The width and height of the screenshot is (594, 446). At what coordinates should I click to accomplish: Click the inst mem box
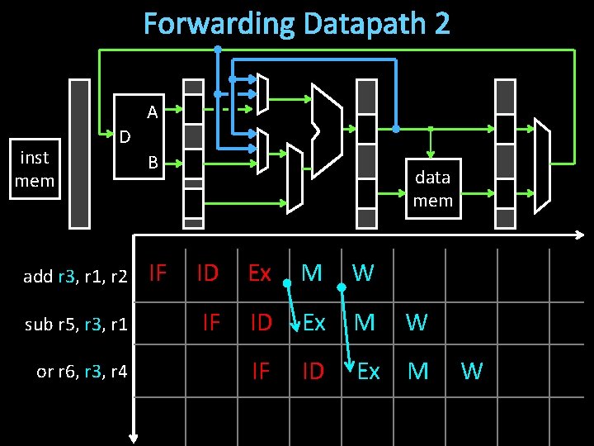(x=35, y=169)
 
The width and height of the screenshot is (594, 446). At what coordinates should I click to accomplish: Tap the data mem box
(x=432, y=188)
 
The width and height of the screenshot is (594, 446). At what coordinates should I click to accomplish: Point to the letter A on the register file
(x=152, y=111)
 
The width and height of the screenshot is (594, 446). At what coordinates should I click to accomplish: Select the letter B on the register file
(x=153, y=163)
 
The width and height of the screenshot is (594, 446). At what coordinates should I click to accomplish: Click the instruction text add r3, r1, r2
(x=75, y=277)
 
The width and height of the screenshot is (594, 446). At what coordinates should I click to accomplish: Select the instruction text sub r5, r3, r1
(x=76, y=324)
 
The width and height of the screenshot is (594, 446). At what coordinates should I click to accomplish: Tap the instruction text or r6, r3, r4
(x=82, y=372)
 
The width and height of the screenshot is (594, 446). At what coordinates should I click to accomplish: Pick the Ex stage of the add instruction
(x=260, y=273)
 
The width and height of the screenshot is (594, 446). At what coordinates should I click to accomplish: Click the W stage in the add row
(x=363, y=273)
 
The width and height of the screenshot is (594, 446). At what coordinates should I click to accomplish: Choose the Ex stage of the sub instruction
(x=313, y=322)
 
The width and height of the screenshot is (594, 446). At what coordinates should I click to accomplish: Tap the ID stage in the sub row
(x=261, y=322)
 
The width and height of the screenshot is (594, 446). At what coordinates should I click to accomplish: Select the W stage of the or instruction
(x=471, y=372)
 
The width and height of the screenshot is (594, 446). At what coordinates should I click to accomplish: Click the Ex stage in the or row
(x=368, y=372)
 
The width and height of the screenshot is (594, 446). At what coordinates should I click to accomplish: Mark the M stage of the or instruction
(x=418, y=372)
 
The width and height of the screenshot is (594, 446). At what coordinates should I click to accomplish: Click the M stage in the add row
(x=312, y=273)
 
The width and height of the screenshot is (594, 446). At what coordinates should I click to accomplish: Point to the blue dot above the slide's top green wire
(x=217, y=49)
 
